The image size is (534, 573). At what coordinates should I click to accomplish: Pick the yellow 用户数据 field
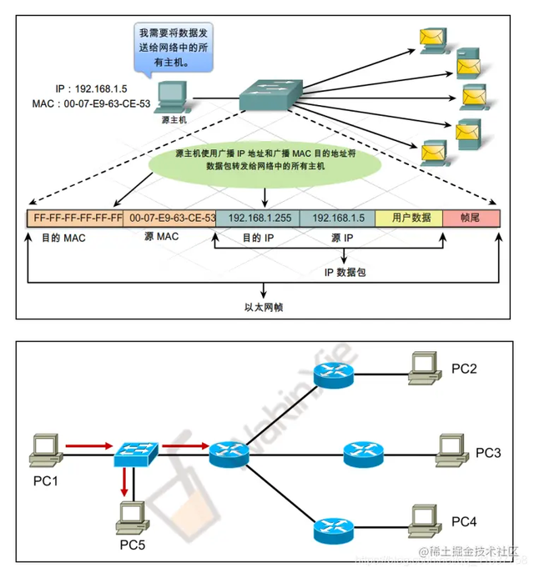409,218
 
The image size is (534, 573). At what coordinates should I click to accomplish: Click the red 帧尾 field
471,218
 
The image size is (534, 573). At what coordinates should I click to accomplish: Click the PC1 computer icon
44,451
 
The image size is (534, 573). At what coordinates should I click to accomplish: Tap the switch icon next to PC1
136,452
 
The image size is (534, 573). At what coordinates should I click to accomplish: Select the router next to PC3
363,455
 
